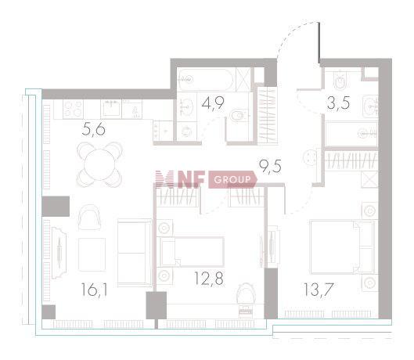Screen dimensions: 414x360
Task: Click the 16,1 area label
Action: point(94,290)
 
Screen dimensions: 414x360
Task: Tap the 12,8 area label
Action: point(209,278)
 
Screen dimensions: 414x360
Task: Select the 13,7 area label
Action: point(319,290)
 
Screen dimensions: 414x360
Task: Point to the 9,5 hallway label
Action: point(270,167)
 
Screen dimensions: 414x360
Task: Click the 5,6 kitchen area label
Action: point(93,129)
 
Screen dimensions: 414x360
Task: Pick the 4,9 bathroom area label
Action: point(213,103)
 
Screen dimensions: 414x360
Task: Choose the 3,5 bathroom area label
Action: point(339,103)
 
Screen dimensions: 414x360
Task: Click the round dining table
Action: point(99,164)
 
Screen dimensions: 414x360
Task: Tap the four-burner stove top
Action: point(73,109)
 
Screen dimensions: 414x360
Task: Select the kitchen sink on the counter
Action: point(111,108)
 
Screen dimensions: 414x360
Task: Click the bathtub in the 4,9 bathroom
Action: point(205,80)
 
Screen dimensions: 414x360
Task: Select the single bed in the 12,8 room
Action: point(190,252)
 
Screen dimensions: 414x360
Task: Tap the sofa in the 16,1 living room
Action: point(135,253)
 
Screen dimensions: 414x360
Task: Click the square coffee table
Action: point(92,254)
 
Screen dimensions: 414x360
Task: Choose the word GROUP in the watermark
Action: point(232,179)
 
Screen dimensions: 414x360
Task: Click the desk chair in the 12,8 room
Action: point(247,293)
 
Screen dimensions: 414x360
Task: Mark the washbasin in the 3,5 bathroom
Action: point(371,106)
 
